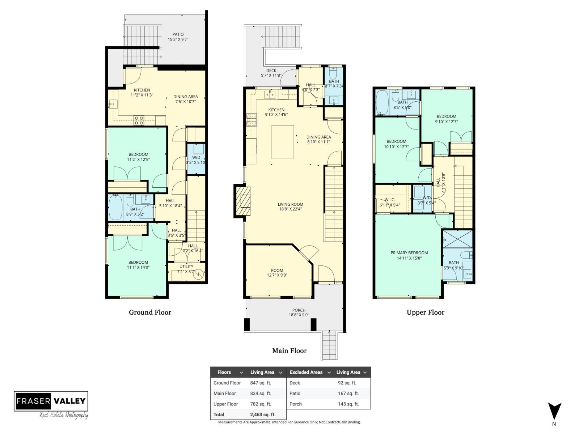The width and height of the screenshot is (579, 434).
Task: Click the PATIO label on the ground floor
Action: [178, 37]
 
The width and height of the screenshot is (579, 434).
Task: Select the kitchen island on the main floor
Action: [283, 142]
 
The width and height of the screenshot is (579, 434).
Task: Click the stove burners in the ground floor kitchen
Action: [139, 120]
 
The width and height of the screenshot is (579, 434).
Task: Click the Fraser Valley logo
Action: [51, 401]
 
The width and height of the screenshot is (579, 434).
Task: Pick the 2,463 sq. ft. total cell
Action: [263, 414]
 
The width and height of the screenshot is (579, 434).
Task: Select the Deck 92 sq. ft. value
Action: [347, 383]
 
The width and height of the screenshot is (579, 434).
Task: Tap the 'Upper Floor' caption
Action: [425, 312]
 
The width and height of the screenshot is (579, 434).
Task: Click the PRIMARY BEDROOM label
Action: [409, 255]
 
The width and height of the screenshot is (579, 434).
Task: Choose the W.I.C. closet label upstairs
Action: [390, 202]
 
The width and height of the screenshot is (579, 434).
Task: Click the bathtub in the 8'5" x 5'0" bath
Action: [382, 102]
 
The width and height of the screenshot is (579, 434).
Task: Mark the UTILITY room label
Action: [186, 269]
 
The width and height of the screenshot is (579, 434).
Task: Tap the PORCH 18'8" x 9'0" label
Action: [299, 312]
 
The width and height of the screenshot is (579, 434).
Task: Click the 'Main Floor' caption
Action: [289, 350]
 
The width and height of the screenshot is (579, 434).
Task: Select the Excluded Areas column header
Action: [306, 372]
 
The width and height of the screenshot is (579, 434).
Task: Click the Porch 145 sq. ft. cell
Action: [348, 404]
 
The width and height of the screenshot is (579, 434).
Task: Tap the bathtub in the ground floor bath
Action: [116, 208]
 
